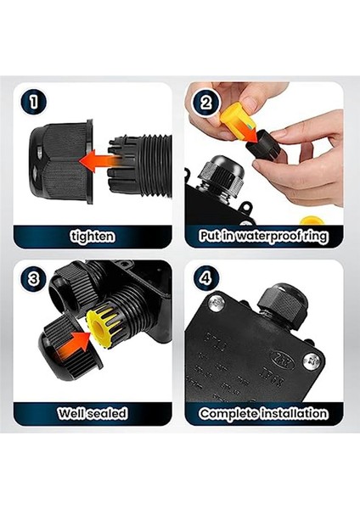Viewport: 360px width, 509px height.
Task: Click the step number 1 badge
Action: point(33,102)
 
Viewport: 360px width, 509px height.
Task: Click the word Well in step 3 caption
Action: point(70,414)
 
